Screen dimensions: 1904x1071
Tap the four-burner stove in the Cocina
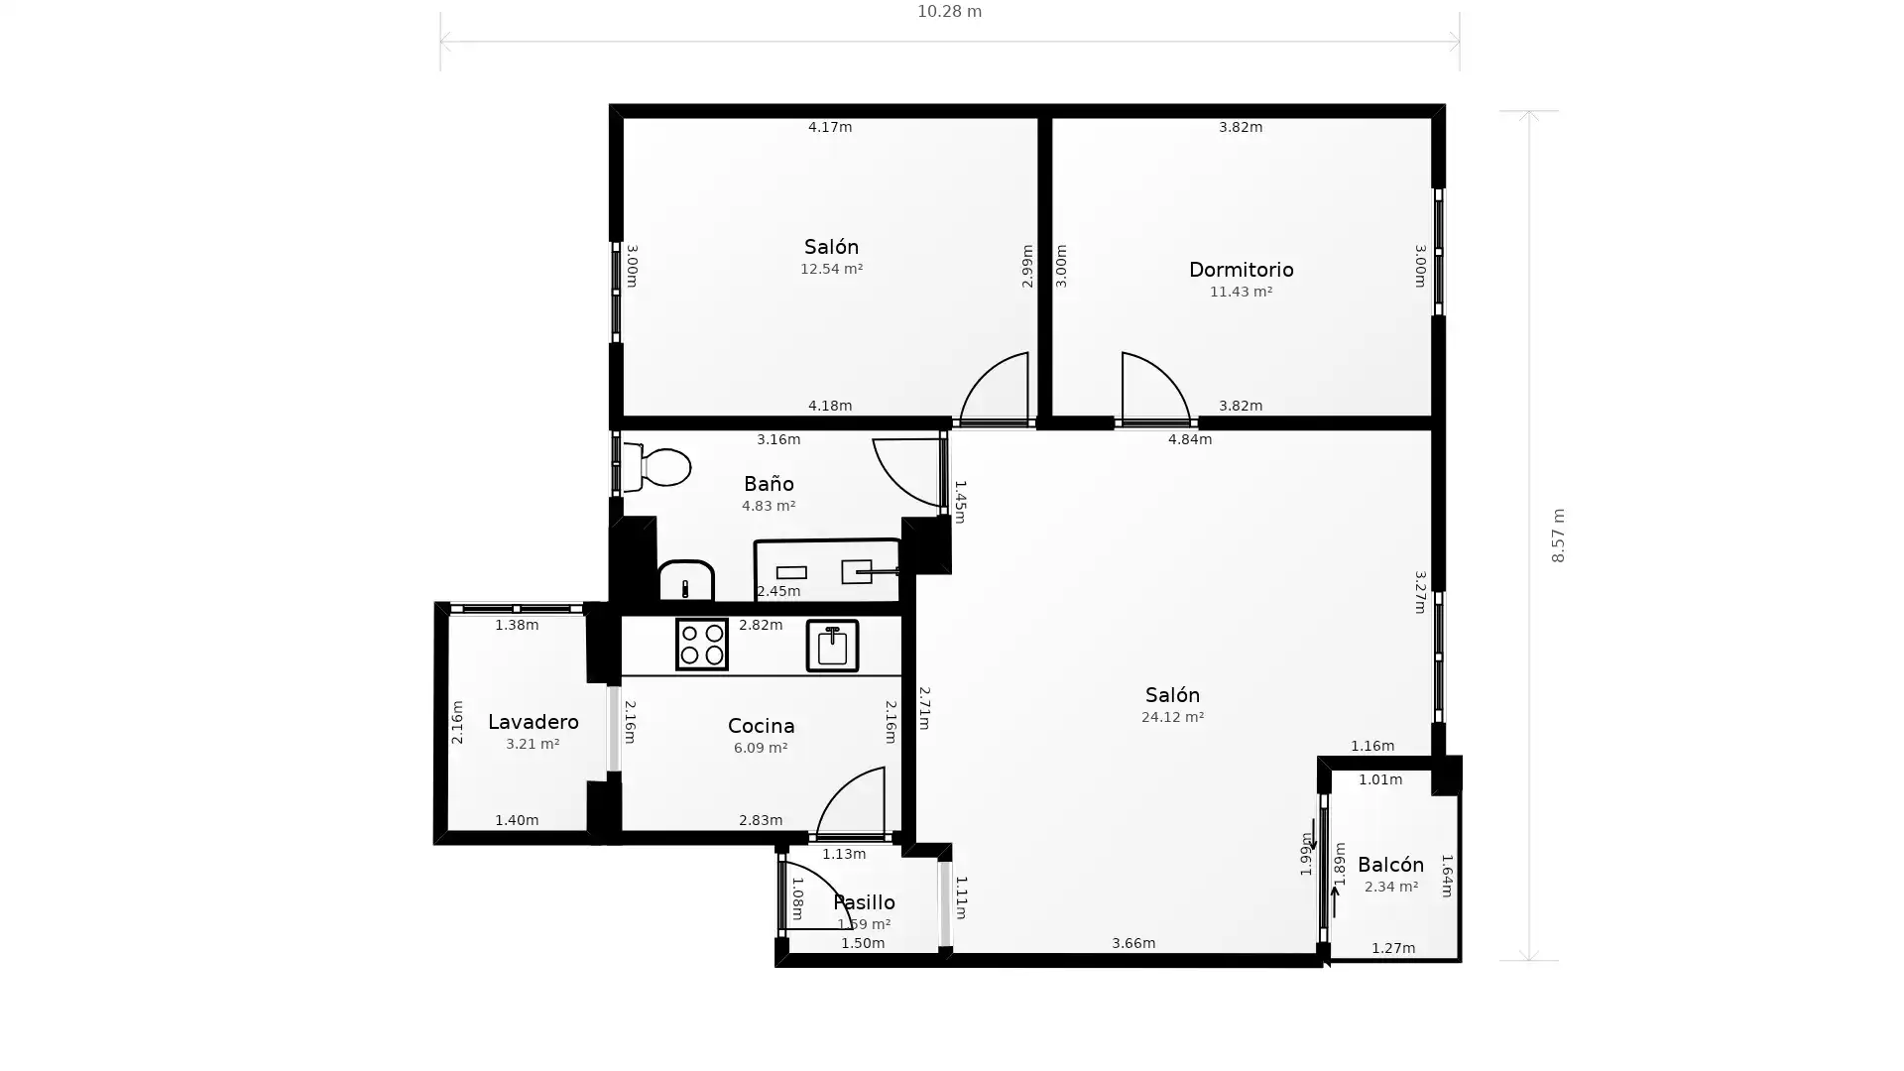tap(701, 645)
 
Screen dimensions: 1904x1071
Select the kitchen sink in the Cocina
tap(832, 646)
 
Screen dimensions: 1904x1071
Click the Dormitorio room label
tap(1241, 270)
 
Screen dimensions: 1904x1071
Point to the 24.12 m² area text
tap(1172, 717)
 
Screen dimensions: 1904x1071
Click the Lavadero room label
tap(533, 722)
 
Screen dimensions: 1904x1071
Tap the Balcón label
tap(1390, 865)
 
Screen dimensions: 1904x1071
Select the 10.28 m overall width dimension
tap(949, 12)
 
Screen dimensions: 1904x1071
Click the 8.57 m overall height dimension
tap(1558, 535)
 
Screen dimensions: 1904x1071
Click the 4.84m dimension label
tap(1189, 439)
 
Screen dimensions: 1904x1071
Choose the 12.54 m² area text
tap(831, 269)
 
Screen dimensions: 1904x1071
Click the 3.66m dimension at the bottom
tap(1132, 943)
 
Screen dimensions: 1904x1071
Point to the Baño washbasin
tap(686, 580)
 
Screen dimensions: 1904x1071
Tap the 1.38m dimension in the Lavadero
tap(517, 625)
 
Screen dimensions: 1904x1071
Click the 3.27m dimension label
tap(1420, 592)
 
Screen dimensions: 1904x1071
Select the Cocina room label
tap(761, 726)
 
